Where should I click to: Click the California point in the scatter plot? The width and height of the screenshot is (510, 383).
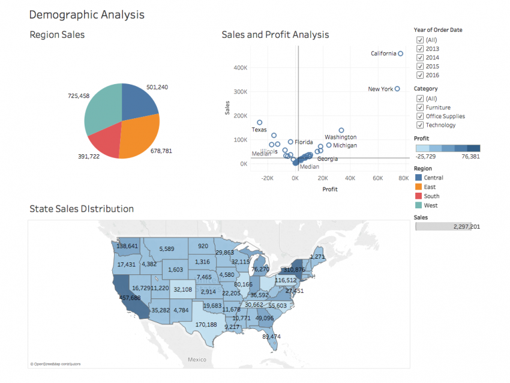(x=401, y=54)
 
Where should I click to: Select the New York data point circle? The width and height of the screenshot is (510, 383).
(x=397, y=89)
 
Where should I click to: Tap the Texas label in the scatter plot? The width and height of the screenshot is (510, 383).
(x=259, y=130)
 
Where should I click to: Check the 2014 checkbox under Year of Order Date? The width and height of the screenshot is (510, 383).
(x=419, y=58)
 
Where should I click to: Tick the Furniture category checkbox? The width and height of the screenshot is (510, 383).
(x=419, y=107)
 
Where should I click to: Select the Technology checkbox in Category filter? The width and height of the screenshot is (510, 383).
(x=419, y=125)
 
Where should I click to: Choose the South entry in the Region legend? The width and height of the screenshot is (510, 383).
(x=431, y=196)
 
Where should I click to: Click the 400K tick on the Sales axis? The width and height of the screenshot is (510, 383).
(x=240, y=68)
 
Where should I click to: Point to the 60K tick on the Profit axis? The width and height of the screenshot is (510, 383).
(x=377, y=178)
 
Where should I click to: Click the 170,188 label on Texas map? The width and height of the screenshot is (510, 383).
(x=206, y=325)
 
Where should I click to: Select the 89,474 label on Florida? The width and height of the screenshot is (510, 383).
(x=271, y=337)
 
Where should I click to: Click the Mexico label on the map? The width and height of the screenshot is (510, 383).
(x=196, y=360)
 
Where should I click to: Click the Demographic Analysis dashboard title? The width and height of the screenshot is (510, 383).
(x=86, y=14)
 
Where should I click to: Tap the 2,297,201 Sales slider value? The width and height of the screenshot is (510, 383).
(x=467, y=227)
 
